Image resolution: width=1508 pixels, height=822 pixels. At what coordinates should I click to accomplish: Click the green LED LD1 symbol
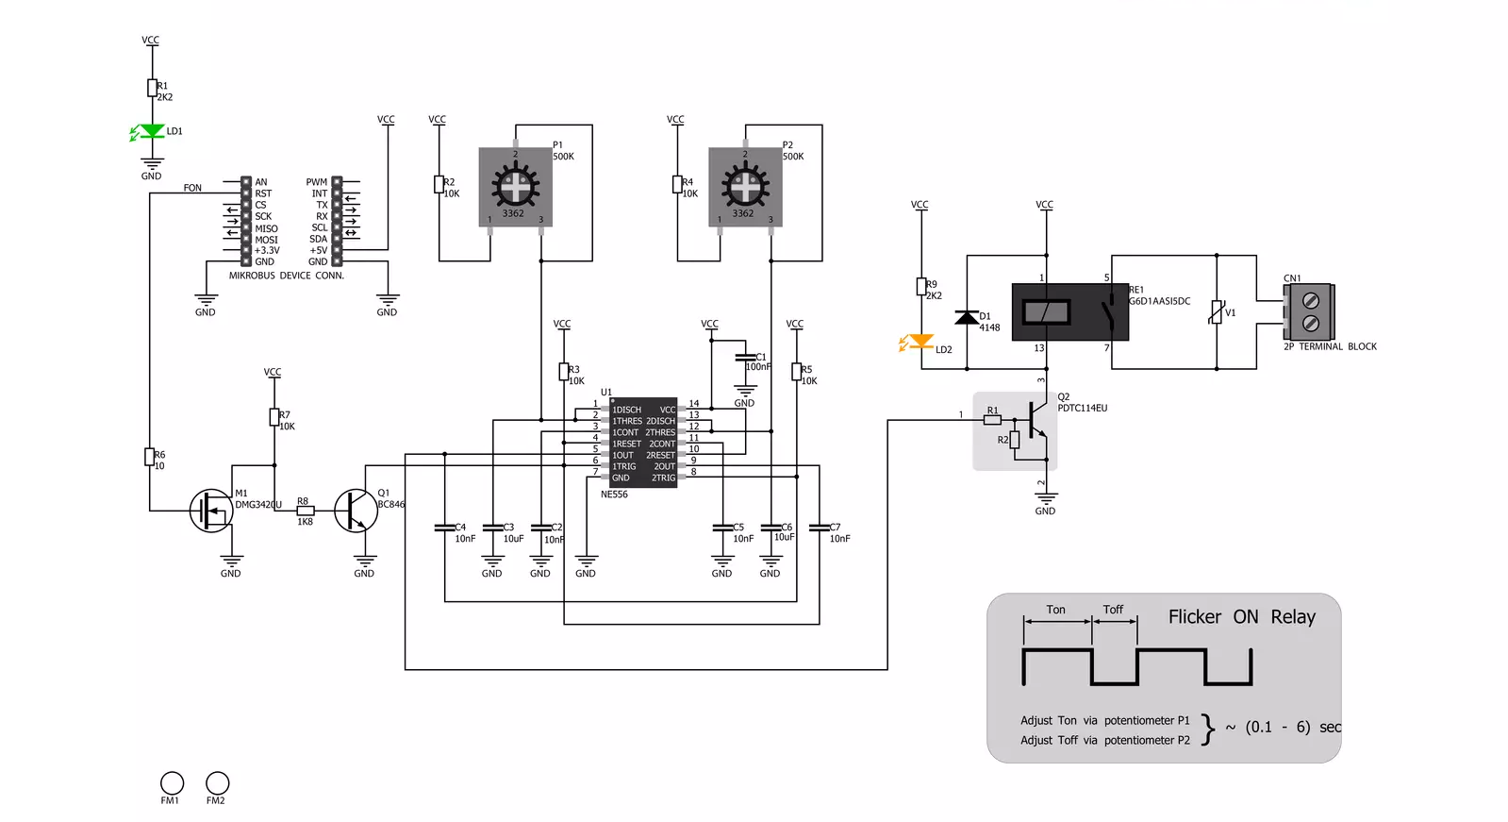(x=152, y=131)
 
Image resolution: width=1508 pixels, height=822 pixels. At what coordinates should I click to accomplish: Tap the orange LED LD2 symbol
(x=920, y=342)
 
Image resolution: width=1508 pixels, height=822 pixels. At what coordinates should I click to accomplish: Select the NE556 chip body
(x=643, y=443)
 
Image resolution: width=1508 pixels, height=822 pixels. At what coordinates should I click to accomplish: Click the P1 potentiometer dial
(x=515, y=186)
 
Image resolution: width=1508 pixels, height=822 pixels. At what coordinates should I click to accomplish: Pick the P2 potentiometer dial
(x=745, y=186)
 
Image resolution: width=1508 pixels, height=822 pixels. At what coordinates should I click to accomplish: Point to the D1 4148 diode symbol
(x=967, y=317)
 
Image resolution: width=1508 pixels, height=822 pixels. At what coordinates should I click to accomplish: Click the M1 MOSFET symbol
(x=211, y=510)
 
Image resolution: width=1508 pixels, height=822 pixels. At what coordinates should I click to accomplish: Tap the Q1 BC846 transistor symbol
(x=356, y=510)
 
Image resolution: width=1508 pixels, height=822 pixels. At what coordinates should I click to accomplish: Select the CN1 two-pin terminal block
(x=1309, y=312)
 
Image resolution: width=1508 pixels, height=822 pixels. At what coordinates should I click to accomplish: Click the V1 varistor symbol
(x=1217, y=312)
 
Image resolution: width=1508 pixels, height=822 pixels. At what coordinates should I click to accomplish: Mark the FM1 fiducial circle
(x=172, y=783)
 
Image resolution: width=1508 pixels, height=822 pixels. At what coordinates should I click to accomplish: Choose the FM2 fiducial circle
(x=217, y=783)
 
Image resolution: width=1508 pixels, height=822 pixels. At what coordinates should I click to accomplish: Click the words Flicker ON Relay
(x=1241, y=617)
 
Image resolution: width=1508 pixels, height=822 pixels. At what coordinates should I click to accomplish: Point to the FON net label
(x=192, y=188)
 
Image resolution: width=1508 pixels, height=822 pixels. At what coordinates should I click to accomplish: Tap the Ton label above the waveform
(x=1055, y=610)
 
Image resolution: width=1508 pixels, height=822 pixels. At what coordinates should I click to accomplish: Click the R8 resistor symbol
(x=306, y=510)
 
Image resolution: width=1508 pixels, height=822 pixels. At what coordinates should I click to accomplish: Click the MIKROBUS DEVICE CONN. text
(x=287, y=276)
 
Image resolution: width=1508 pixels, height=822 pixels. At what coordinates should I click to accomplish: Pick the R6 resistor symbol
(x=149, y=457)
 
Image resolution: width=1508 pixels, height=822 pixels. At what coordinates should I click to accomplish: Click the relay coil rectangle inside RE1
(x=1046, y=312)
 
